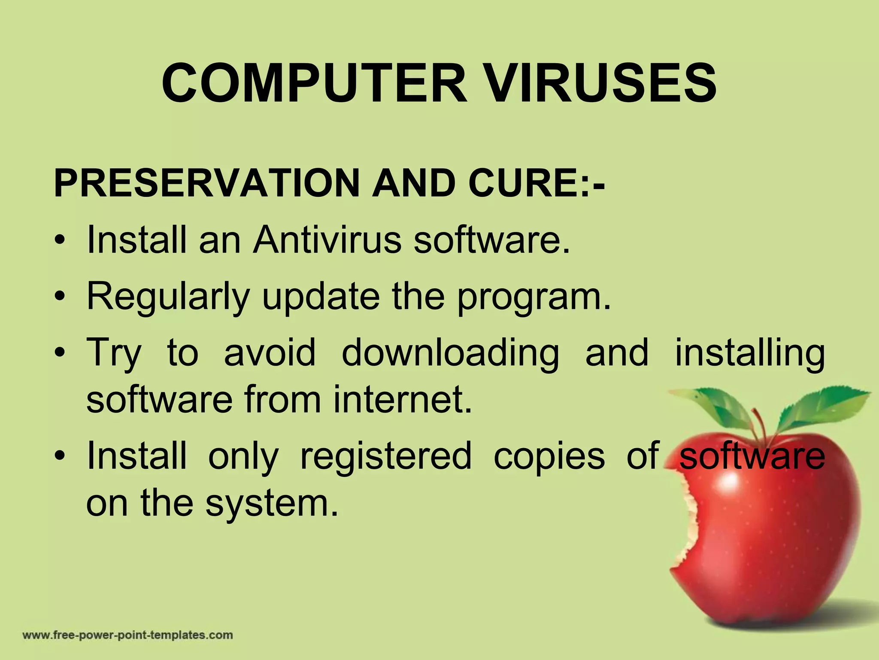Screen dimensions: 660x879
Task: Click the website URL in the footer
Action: pyautogui.click(x=127, y=635)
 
